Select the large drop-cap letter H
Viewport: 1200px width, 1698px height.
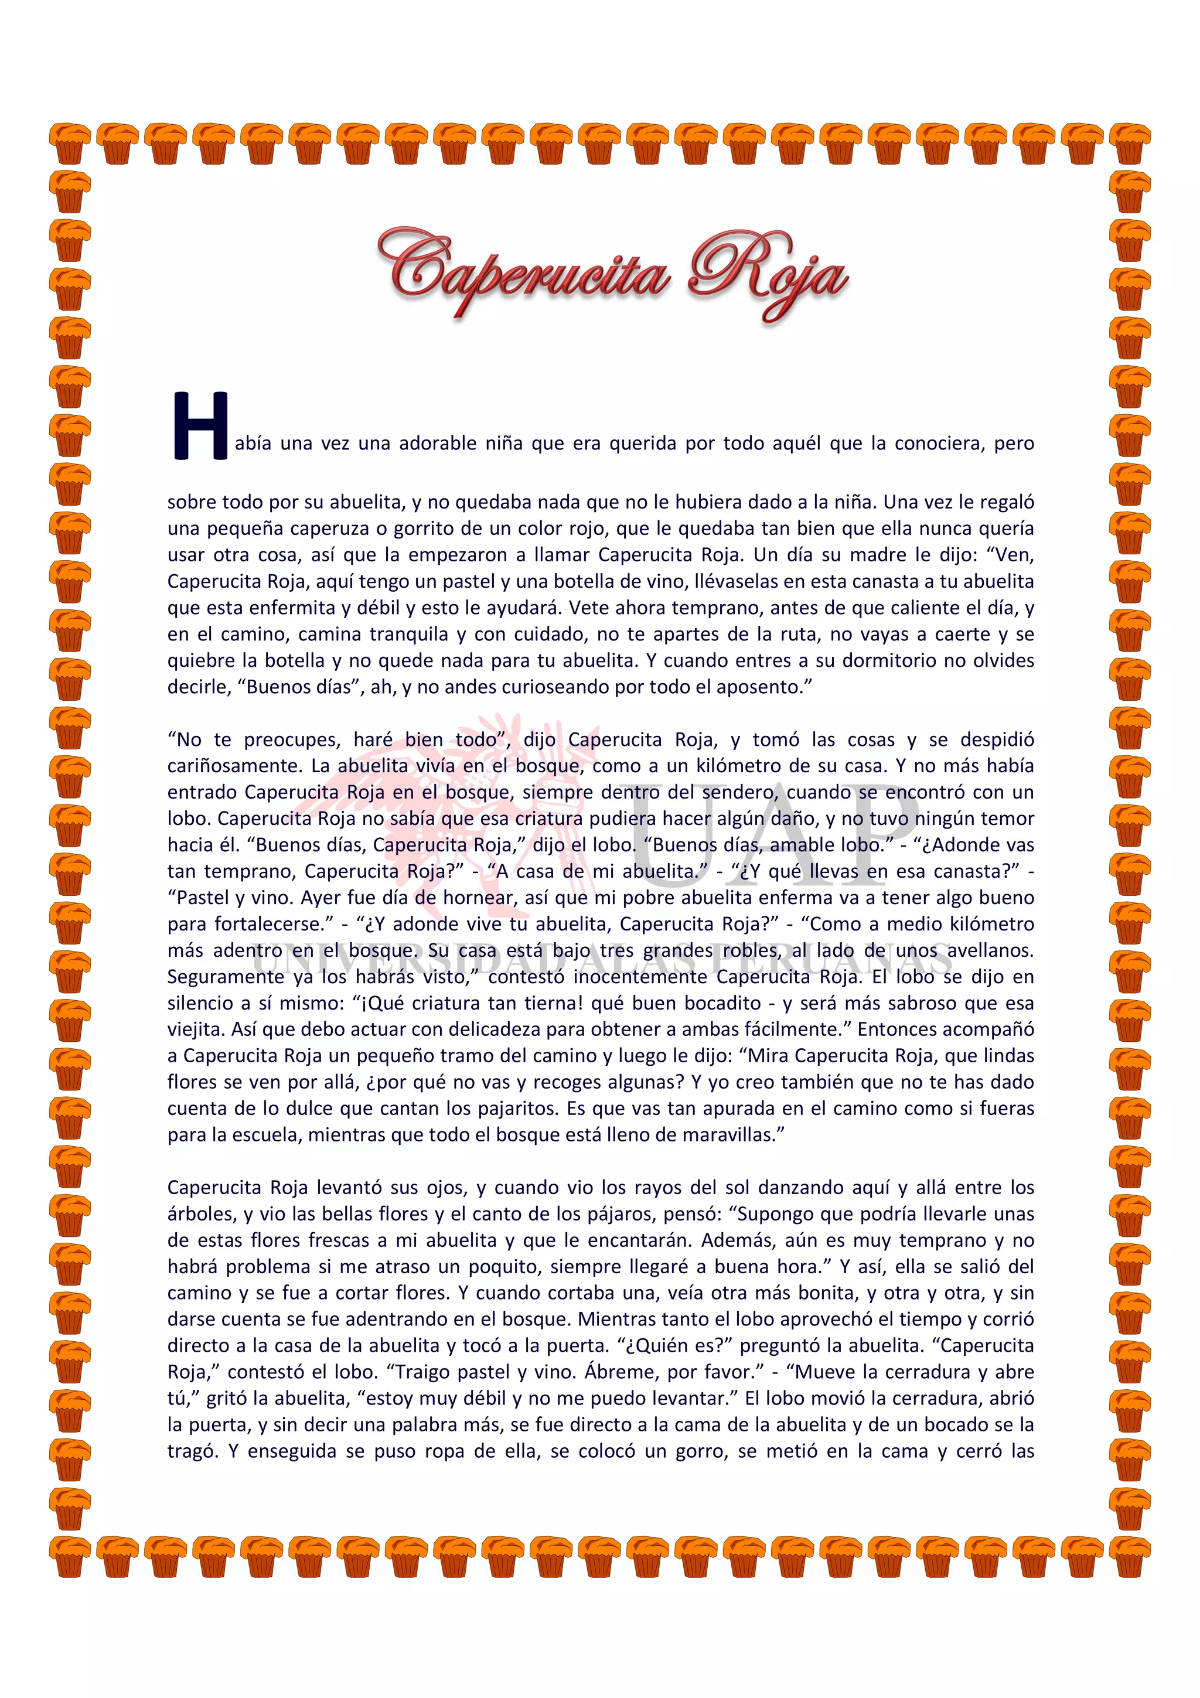coord(200,426)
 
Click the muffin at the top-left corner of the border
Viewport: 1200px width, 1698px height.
coord(70,144)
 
